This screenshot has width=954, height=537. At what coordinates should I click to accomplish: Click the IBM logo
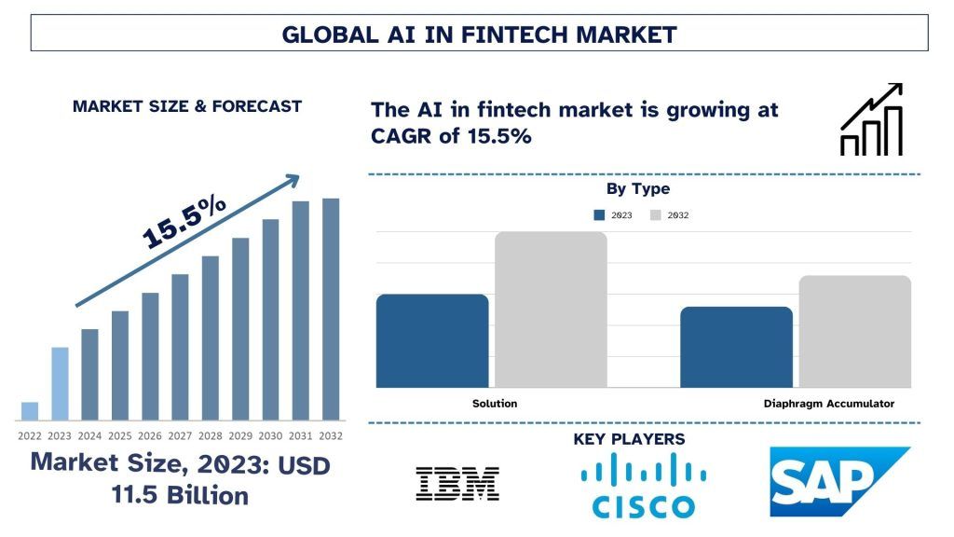coord(457,484)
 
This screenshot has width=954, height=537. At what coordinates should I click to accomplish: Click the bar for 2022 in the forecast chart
coord(30,411)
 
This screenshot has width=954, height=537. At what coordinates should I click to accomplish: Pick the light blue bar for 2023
coord(60,383)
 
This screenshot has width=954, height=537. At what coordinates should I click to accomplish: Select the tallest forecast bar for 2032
coord(331,309)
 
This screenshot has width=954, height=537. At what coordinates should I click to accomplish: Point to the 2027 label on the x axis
coord(180,435)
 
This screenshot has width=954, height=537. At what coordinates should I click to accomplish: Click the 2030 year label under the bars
coord(270,435)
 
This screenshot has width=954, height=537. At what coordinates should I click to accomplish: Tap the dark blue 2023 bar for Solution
coord(432,340)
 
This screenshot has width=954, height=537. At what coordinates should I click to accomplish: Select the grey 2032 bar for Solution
coord(551,310)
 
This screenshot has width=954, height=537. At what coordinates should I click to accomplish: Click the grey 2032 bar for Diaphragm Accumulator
coord(854,331)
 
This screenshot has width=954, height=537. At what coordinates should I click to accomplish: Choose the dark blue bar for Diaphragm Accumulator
coord(736,347)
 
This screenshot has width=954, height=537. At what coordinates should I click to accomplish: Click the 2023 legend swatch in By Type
coord(599,214)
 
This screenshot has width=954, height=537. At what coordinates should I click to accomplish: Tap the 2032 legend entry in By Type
coord(669,214)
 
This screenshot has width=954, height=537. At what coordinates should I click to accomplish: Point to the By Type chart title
coord(637,189)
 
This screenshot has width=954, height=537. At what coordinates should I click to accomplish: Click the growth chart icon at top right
coord(871,119)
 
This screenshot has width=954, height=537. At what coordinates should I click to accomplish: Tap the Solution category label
coord(494,404)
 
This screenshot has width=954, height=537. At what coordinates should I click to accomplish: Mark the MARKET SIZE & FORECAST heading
coord(187,106)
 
